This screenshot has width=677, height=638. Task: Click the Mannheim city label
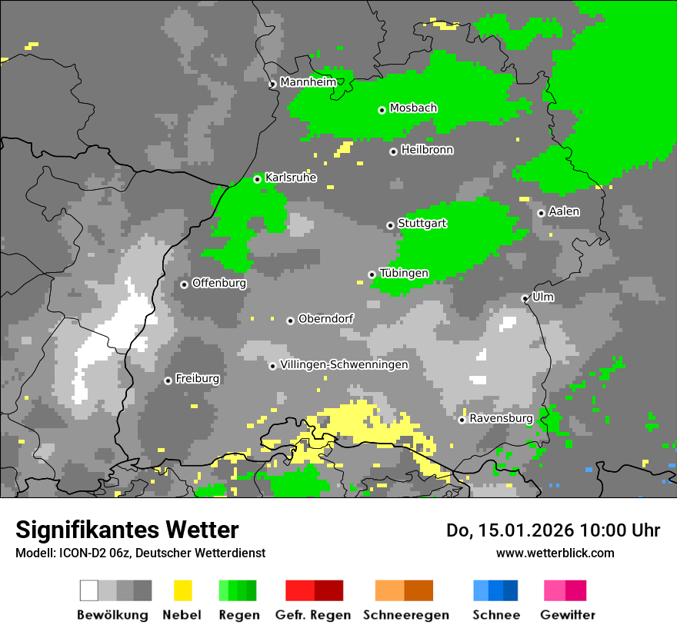(308, 82)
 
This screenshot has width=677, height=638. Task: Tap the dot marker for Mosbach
(382, 110)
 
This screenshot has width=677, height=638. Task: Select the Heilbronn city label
(427, 150)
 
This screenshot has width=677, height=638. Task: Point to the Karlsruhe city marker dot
(257, 179)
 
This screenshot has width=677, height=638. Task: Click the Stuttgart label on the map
(422, 223)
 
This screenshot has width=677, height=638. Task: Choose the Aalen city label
(564, 211)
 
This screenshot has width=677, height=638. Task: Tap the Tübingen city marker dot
(372, 274)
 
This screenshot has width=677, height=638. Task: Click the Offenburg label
(218, 283)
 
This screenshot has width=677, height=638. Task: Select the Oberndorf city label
(325, 318)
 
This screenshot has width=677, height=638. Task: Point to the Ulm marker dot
(525, 298)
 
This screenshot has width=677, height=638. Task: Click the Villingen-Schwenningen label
(344, 364)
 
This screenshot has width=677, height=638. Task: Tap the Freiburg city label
(197, 379)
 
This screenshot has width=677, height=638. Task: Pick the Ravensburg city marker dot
(462, 420)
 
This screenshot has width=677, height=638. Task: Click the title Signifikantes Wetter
(127, 530)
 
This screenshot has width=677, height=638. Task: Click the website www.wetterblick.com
(555, 553)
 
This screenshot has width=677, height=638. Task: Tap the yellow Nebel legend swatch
(182, 590)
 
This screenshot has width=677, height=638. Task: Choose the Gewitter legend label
(567, 615)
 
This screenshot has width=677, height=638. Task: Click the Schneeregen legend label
(405, 615)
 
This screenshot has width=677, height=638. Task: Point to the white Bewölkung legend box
(89, 590)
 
